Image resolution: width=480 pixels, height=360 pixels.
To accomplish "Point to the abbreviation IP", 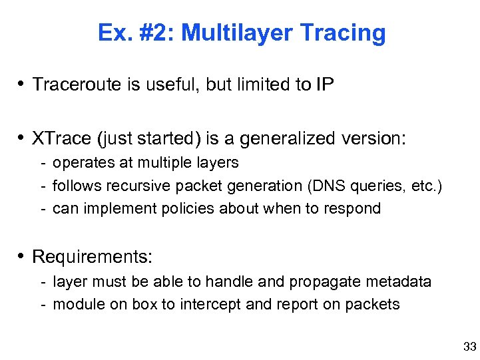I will coord(326,85).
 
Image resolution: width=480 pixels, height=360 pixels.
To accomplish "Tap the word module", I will coord(75,304).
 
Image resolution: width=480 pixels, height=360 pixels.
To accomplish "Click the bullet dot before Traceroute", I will coord(23,85).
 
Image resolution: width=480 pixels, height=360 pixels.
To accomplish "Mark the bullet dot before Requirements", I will coord(23,256).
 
